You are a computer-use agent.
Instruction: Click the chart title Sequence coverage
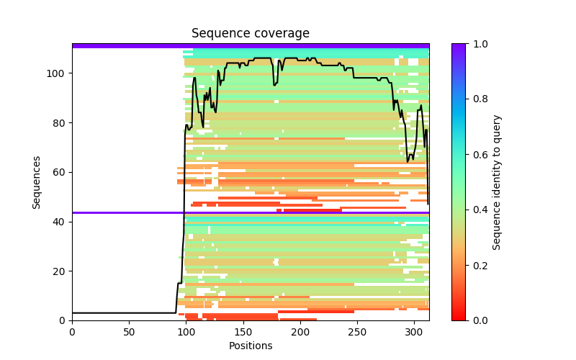point(250,34)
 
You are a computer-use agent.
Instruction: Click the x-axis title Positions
point(250,346)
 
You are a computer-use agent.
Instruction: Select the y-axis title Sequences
point(36,182)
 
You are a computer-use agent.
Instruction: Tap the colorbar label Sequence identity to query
point(497,182)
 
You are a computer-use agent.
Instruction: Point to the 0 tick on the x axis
point(72,331)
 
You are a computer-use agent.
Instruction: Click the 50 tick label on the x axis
point(129,331)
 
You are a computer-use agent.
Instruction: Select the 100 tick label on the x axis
point(186,331)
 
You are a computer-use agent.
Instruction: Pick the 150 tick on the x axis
point(243,331)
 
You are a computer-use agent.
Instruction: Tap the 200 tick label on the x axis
point(300,331)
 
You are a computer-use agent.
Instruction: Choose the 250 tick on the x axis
point(357,331)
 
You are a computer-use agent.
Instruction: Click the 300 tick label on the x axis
point(414,331)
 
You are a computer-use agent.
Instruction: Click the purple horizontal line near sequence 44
point(250,212)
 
